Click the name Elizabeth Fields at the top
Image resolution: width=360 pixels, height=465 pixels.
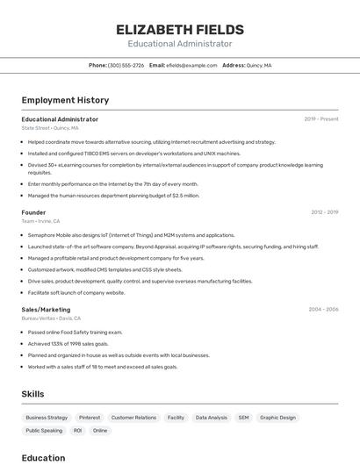tap(179, 30)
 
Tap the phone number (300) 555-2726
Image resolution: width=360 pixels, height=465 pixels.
tap(126, 65)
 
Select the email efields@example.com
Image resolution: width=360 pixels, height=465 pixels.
tap(191, 65)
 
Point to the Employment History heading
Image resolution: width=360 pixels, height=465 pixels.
tap(65, 100)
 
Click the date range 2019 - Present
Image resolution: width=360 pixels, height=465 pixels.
tap(320, 119)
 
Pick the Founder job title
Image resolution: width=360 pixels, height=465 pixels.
tap(33, 212)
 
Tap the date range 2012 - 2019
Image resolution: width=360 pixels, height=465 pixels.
tap(324, 212)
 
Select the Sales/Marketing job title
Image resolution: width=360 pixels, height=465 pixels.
tap(46, 310)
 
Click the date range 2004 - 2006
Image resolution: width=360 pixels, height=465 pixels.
tap(323, 310)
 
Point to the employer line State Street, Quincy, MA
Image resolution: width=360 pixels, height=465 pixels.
tap(50, 128)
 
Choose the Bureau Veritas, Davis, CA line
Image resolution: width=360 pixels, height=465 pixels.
tap(51, 318)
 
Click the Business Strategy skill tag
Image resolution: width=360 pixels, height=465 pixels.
tap(47, 418)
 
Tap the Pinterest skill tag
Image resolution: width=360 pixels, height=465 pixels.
tap(90, 418)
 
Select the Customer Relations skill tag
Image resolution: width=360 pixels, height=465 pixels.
tap(133, 418)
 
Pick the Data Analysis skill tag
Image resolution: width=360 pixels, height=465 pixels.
tap(211, 418)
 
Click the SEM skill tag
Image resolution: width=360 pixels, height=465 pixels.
tap(243, 418)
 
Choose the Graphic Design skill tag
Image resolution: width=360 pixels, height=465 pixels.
tap(277, 418)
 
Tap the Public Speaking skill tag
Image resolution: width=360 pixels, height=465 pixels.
tap(44, 431)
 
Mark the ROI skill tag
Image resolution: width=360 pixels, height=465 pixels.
tap(77, 431)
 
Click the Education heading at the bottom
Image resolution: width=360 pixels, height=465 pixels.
tap(43, 457)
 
